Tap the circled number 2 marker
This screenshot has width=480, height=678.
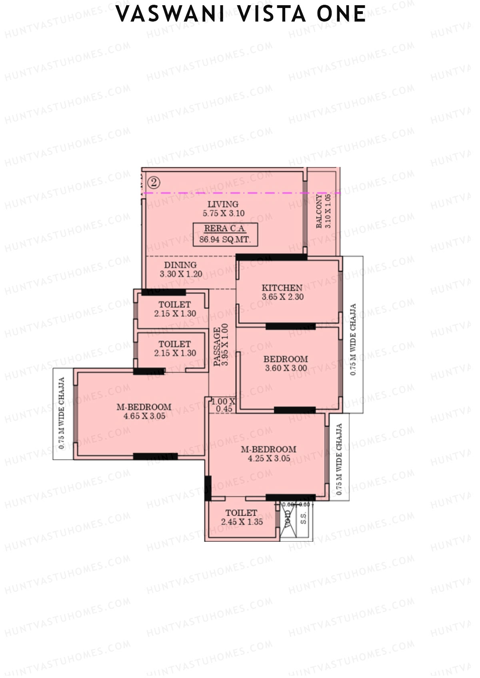click(x=154, y=183)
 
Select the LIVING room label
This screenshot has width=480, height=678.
click(x=223, y=204)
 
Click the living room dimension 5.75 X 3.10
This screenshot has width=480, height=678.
click(x=224, y=213)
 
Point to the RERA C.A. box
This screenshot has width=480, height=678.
click(x=225, y=234)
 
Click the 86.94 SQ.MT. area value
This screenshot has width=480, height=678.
click(x=225, y=240)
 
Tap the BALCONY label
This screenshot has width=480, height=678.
click(x=319, y=211)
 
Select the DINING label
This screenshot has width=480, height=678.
click(x=180, y=265)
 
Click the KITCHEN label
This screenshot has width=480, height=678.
click(x=282, y=288)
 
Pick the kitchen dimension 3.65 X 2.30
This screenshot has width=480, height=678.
click(x=283, y=297)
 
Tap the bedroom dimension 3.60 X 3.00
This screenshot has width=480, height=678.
click(x=286, y=368)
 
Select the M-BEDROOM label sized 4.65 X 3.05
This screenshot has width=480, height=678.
click(x=144, y=407)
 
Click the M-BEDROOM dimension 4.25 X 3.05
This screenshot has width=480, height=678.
click(x=269, y=459)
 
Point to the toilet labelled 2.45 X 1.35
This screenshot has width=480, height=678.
click(x=242, y=517)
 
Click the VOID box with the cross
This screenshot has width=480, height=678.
click(x=288, y=519)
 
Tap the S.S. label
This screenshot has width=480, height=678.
click(x=304, y=518)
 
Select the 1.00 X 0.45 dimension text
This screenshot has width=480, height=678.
click(x=223, y=405)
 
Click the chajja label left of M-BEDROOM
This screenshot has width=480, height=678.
click(x=62, y=413)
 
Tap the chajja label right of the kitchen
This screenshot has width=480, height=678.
click(x=353, y=340)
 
